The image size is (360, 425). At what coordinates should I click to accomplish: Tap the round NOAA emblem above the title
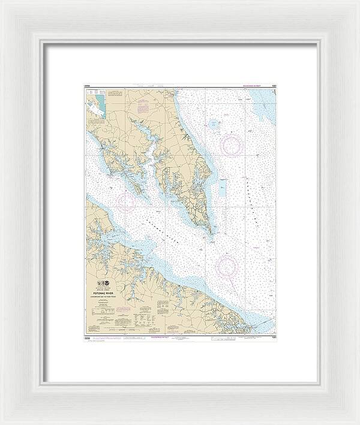tap(106, 283)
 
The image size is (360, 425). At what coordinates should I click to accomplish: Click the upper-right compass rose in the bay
tap(232, 144)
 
